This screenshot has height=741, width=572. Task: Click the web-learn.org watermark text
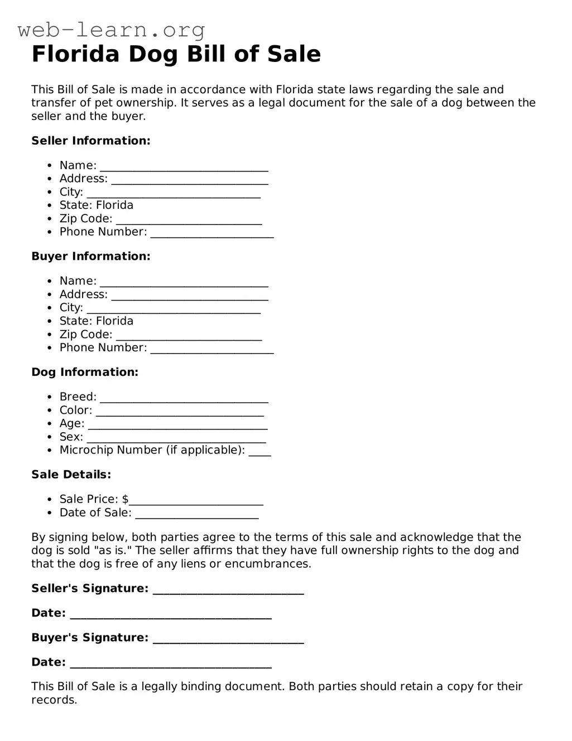click(111, 30)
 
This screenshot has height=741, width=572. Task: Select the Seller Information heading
click(91, 141)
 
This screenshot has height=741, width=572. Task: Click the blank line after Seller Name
click(184, 168)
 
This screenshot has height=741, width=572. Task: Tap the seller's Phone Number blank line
click(212, 234)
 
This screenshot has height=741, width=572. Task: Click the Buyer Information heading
click(91, 256)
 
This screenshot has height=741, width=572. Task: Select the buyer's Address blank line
click(190, 297)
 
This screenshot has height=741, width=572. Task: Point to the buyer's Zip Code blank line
click(189, 337)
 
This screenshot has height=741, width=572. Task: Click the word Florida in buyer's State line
click(115, 321)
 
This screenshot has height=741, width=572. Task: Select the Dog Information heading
click(85, 372)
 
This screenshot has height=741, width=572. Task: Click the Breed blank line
click(184, 399)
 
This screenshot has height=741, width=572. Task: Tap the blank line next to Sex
click(176, 439)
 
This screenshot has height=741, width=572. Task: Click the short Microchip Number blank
click(259, 452)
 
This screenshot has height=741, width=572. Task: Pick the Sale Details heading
click(71, 475)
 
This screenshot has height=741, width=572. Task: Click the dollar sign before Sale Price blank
click(126, 499)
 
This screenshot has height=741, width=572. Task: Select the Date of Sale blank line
click(197, 515)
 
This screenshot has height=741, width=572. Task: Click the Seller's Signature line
click(228, 591)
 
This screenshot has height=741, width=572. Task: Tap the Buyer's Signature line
click(228, 640)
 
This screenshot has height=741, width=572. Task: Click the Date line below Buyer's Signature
click(171, 664)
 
